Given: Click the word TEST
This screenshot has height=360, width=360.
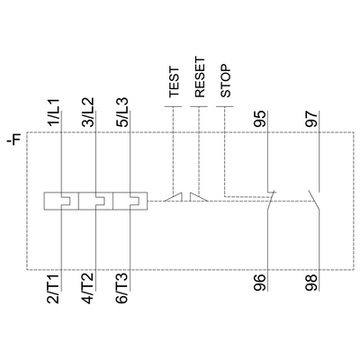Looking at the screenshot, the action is coord(174,82).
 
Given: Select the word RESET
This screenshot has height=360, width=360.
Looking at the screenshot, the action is coord(200,77).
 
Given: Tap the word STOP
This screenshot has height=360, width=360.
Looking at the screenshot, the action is coord(226,81).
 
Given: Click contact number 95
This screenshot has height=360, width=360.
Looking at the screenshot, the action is coord(260,119).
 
